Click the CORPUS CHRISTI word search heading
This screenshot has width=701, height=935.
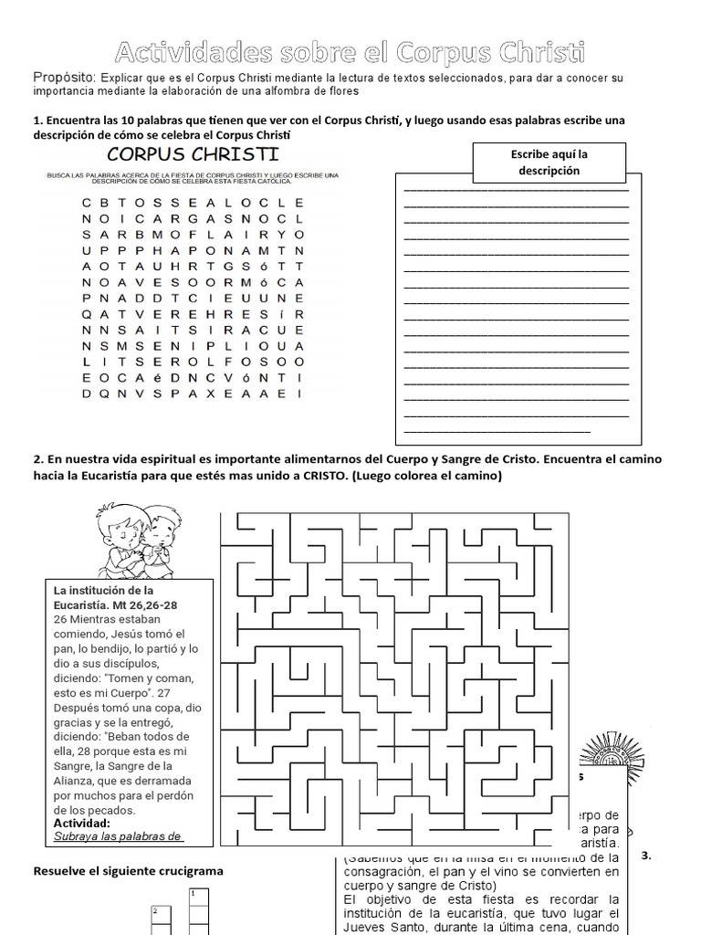click(x=194, y=152)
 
